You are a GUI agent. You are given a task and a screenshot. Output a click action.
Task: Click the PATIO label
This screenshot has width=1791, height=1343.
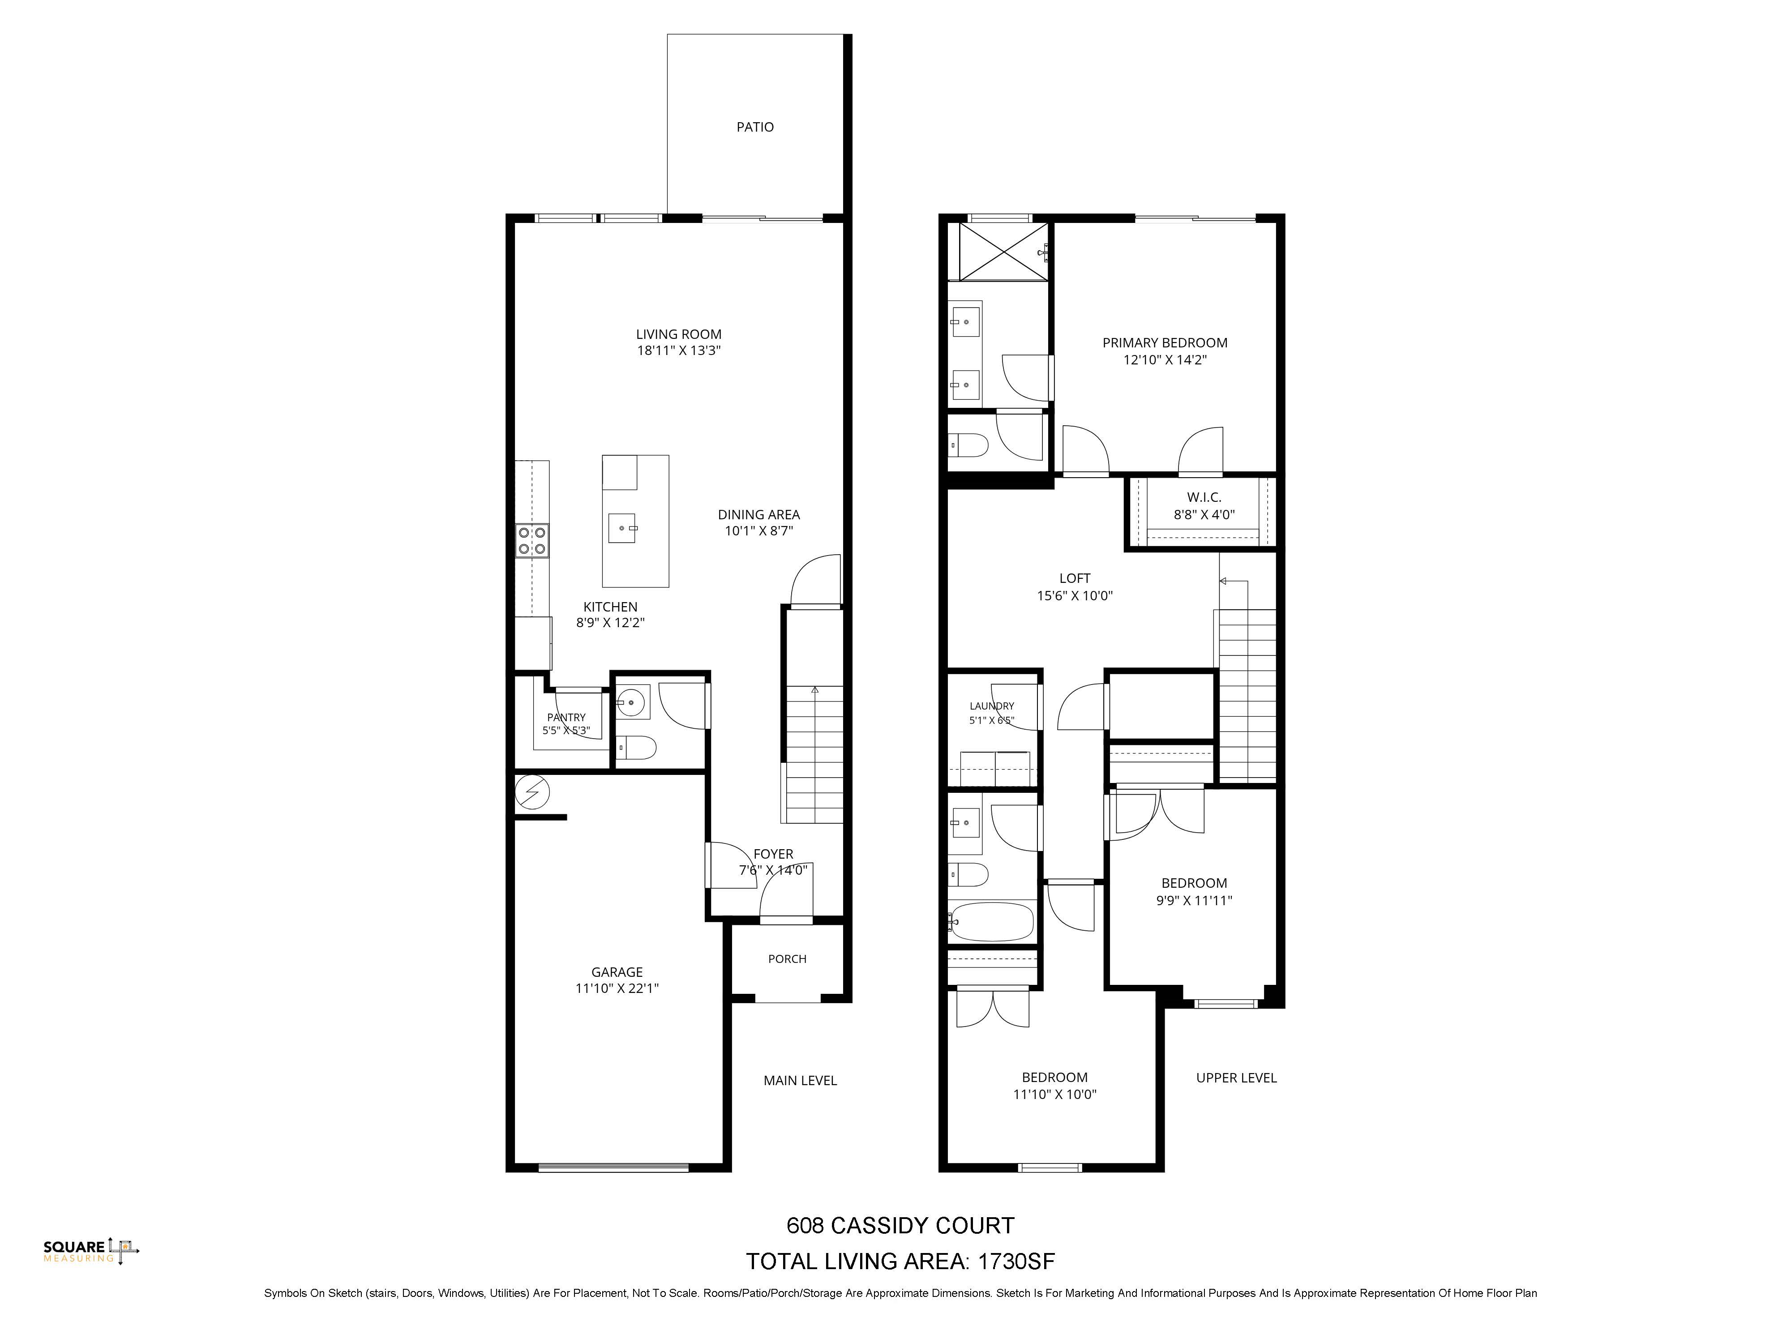(x=754, y=127)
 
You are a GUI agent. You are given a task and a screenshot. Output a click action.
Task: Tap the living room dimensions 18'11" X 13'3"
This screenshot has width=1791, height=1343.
(x=678, y=351)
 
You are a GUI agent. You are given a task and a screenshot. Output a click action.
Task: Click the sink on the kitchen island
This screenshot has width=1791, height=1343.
(x=623, y=528)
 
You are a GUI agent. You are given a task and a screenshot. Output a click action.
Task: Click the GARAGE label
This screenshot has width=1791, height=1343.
(x=617, y=972)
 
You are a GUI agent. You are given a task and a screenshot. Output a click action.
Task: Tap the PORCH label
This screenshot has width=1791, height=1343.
(x=787, y=959)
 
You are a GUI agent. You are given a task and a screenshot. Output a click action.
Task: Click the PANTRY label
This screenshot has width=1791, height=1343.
(x=566, y=717)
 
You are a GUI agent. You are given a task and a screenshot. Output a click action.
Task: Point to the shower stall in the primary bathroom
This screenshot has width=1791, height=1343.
(x=1003, y=252)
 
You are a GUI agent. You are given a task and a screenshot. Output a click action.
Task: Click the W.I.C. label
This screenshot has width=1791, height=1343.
(x=1204, y=497)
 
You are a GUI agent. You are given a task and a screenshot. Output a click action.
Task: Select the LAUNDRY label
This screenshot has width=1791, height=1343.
(x=992, y=706)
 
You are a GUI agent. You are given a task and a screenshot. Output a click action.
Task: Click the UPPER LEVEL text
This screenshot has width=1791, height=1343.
(x=1236, y=1078)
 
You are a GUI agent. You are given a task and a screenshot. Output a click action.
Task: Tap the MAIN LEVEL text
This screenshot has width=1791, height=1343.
(x=800, y=1081)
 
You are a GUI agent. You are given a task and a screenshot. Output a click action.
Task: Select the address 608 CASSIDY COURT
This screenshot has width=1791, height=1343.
(x=900, y=1226)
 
